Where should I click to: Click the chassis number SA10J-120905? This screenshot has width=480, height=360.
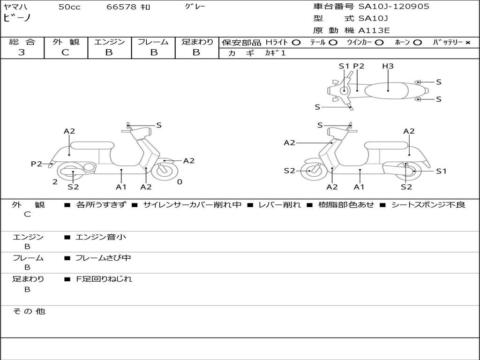click(394, 6)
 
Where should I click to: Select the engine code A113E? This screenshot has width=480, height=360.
click(374, 30)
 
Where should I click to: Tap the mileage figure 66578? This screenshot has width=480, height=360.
click(121, 7)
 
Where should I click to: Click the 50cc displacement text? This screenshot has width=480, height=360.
click(69, 7)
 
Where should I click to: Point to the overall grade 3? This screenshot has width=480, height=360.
click(22, 52)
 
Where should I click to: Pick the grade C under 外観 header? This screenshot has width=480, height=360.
click(65, 52)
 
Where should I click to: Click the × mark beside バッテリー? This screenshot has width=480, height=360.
click(468, 43)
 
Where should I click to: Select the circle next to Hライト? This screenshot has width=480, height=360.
click(296, 43)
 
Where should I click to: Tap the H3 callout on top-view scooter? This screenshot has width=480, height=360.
click(388, 66)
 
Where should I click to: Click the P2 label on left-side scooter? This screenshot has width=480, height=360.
click(37, 164)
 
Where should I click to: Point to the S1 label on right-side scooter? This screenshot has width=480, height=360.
click(441, 171)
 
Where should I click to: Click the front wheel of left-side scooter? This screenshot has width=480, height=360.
click(165, 172)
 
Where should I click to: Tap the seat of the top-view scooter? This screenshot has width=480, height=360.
click(387, 91)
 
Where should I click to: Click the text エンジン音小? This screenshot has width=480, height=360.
click(101, 237)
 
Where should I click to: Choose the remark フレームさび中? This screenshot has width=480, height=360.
click(103, 258)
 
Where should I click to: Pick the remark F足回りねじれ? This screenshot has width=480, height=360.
click(104, 279)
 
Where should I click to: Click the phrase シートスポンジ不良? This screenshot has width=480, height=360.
click(428, 204)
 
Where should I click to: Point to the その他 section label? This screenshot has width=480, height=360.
click(29, 311)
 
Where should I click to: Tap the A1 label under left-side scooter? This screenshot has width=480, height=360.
click(121, 187)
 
